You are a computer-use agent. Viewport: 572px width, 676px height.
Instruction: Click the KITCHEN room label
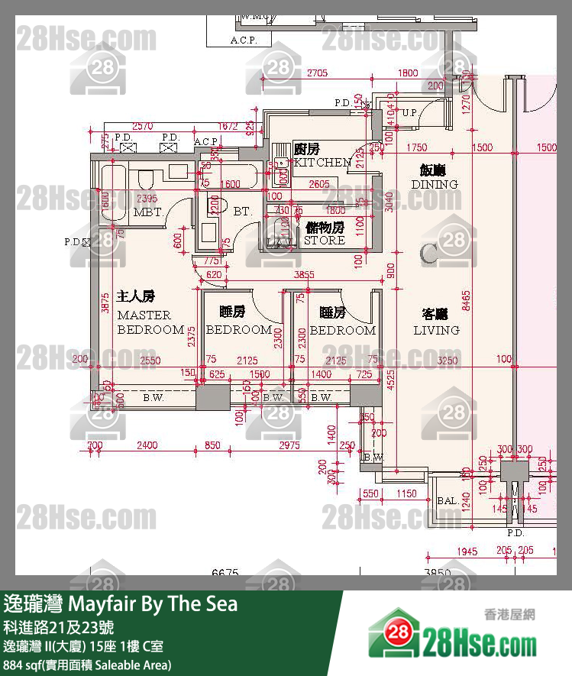pos(322,162)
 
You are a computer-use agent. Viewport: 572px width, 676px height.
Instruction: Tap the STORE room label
pos(325,240)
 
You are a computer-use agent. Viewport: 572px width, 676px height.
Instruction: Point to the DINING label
pos(435,184)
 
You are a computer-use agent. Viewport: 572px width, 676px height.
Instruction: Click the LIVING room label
pos(436,330)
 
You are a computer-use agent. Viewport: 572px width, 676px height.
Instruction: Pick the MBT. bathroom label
pos(147,212)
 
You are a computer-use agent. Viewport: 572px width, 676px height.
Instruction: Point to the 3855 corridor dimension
pos(305,274)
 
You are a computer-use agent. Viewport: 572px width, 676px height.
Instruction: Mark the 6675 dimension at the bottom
pos(225,572)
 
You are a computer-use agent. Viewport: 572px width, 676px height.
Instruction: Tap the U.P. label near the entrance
pos(410,113)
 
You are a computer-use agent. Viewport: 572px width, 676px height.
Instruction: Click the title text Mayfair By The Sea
pos(153,603)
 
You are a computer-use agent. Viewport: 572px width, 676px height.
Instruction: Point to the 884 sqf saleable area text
pos(88,665)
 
